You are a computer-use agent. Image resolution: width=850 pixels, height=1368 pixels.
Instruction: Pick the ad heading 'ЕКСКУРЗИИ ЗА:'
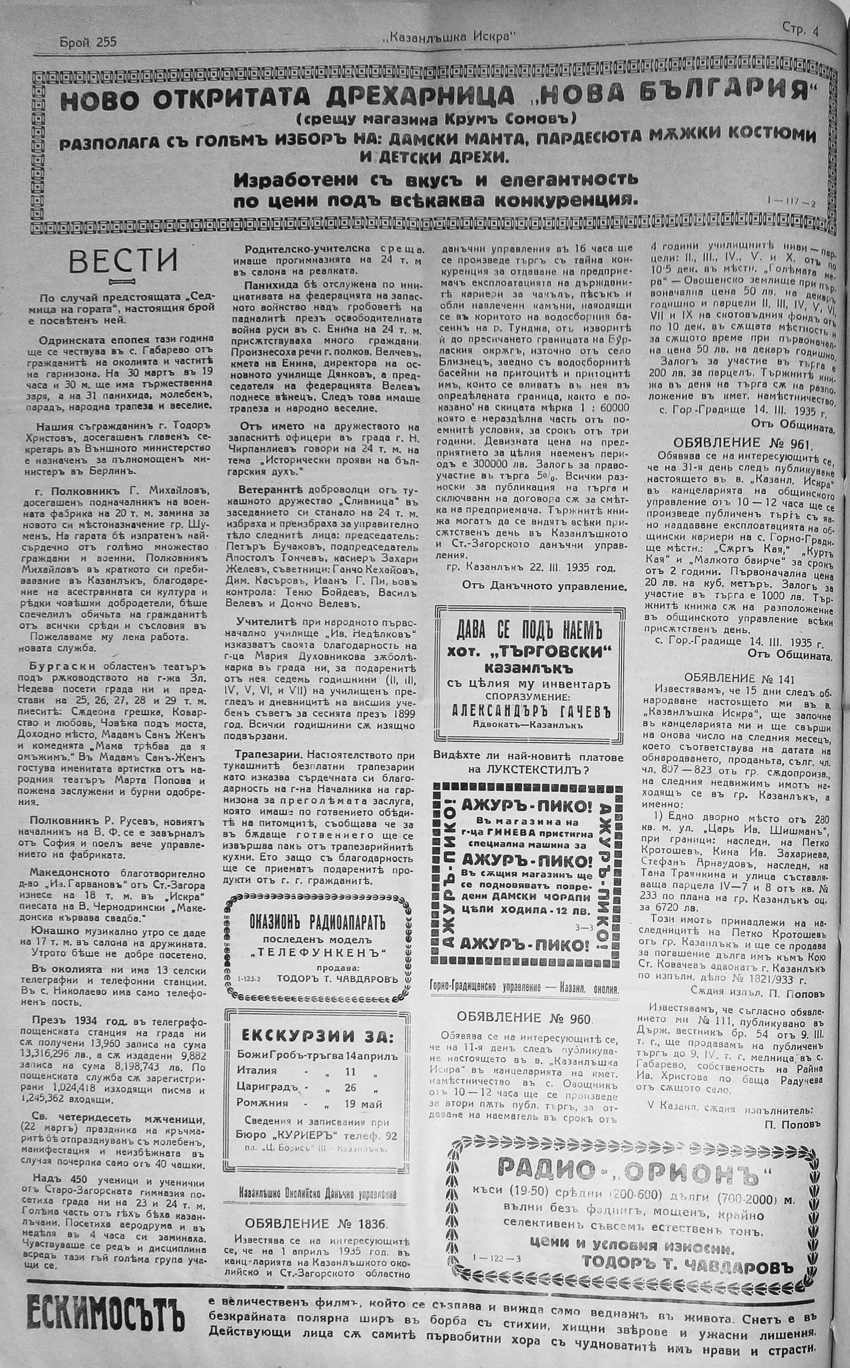click(x=317, y=1037)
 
